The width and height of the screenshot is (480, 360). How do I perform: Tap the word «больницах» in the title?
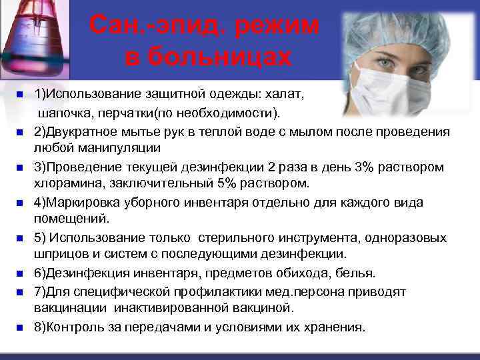pyautogui.click(x=208, y=57)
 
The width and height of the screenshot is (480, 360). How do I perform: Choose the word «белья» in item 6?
pyautogui.click(x=357, y=273)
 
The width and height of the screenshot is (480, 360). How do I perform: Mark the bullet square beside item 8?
pyautogui.click(x=19, y=327)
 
